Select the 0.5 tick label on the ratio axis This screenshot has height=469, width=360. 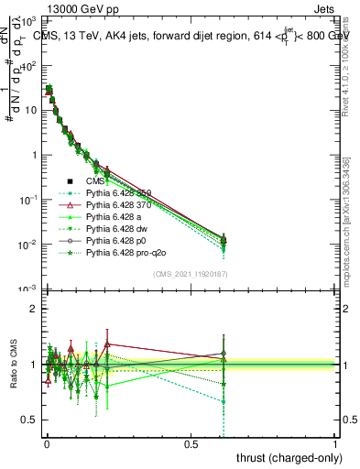[27, 420]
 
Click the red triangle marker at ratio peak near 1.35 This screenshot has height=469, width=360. [107, 344]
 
